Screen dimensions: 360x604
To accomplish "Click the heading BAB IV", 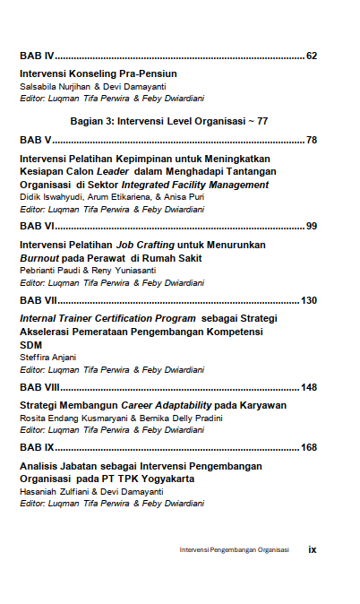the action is pos(37,56).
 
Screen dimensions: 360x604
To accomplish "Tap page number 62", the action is pos(311,56).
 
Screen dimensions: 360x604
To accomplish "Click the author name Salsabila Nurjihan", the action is pos(55,86).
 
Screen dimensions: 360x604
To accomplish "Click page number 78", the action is pos(311,140).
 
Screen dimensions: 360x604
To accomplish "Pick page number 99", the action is pos(311,226).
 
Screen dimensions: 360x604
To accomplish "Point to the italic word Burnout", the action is pos(39,258).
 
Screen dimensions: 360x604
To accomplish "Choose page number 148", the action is pos(309,387).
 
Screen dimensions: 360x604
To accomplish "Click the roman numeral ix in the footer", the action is pos(312,549).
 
